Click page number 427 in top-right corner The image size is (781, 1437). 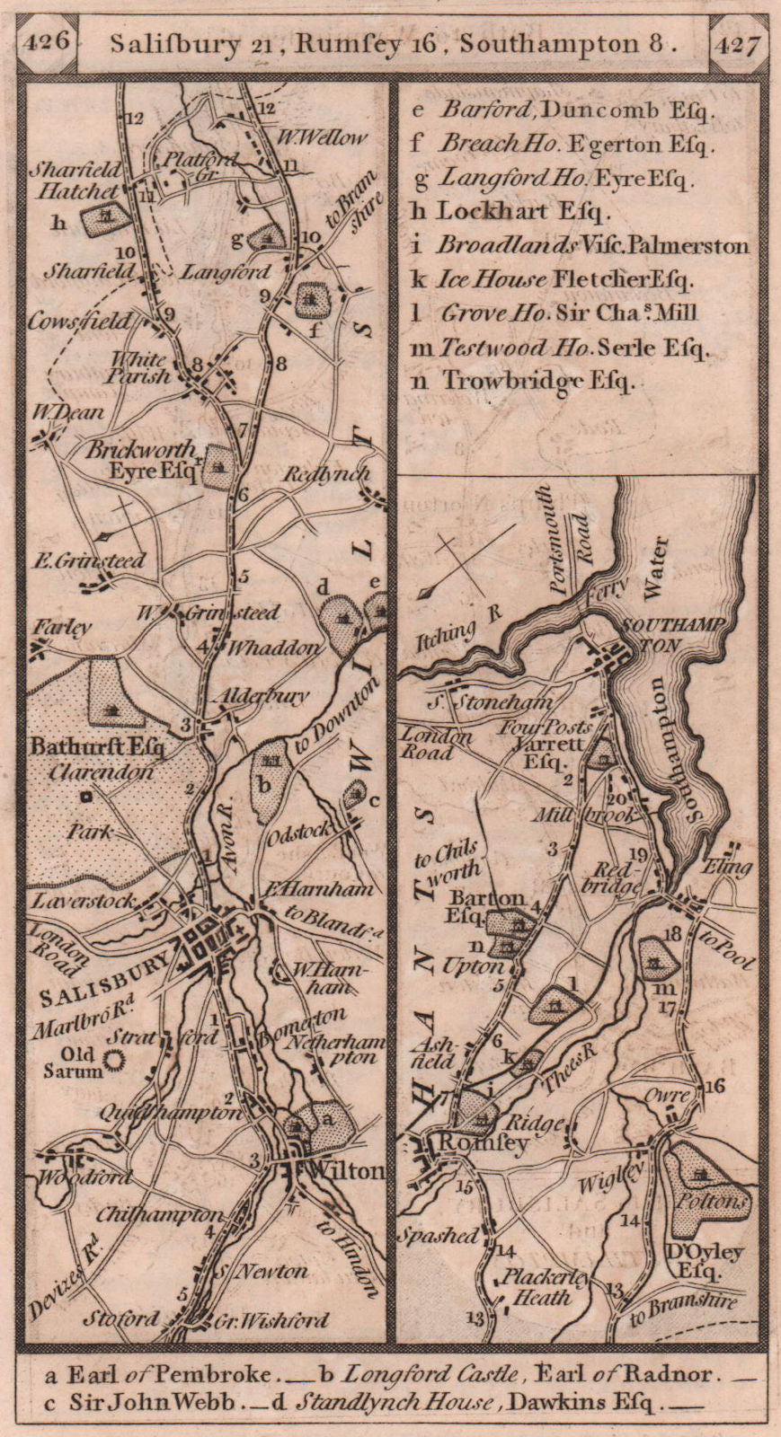point(738,41)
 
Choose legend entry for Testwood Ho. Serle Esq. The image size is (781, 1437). point(560,348)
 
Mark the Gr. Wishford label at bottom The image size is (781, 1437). point(273,1320)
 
